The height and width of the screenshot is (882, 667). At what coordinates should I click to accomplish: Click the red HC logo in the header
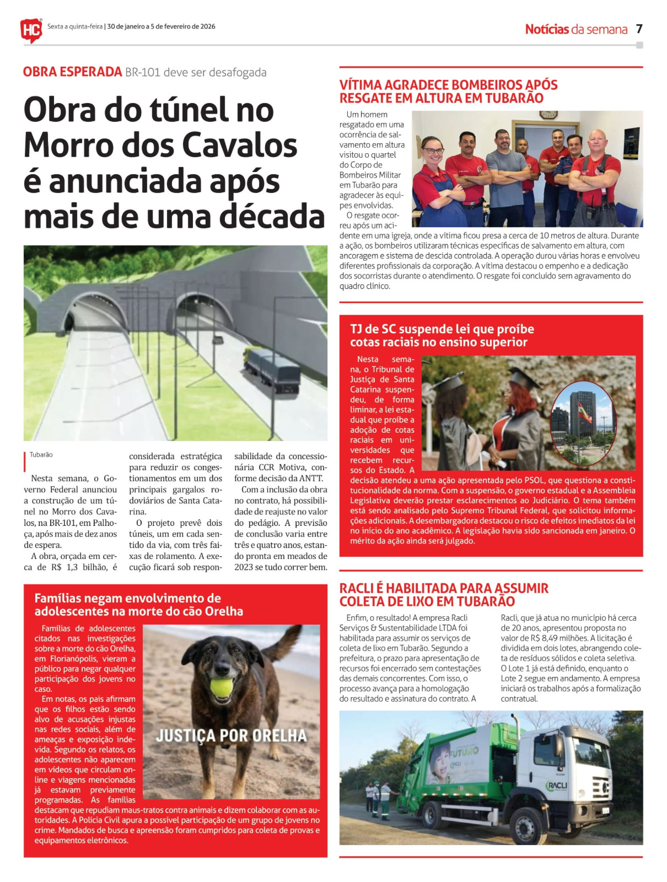[31, 29]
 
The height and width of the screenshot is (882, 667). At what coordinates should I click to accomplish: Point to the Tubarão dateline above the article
[41, 455]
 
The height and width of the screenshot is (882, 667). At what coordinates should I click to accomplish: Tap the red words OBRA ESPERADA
[72, 72]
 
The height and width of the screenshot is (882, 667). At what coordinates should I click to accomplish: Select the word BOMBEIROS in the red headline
[488, 85]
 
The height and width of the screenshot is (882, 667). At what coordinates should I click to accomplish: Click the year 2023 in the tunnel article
[243, 567]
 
